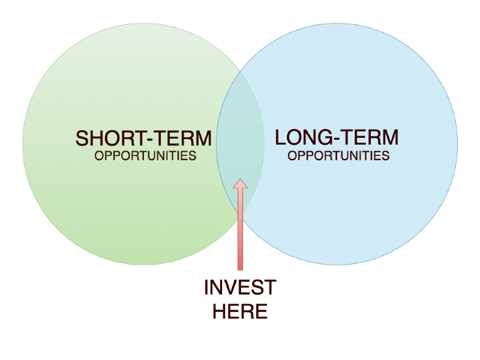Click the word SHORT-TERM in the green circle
pyautogui.click(x=143, y=139)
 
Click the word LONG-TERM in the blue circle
pyautogui.click(x=337, y=137)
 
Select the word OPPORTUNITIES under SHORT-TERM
pyautogui.click(x=145, y=156)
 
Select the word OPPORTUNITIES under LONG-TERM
pyautogui.click(x=338, y=156)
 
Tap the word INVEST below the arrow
pyautogui.click(x=241, y=287)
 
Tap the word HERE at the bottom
pyautogui.click(x=241, y=311)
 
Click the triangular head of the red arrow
pyautogui.click(x=241, y=184)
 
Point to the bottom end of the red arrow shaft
pyautogui.click(x=241, y=270)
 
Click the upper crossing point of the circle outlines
pyautogui.click(x=241, y=72)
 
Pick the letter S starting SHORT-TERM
pyautogui.click(x=82, y=139)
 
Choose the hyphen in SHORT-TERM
pyautogui.click(x=150, y=140)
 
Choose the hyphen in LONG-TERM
pyautogui.click(x=337, y=139)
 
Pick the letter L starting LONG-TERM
pyautogui.click(x=280, y=137)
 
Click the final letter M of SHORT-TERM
pyautogui.click(x=203, y=139)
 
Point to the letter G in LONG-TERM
pyautogui.click(x=325, y=137)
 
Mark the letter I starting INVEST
pyautogui.click(x=206, y=287)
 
